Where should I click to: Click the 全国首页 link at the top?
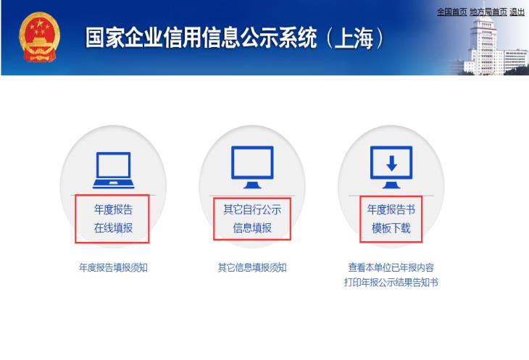[451, 12]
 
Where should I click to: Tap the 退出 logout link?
[517, 12]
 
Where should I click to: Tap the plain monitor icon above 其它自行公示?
[252, 165]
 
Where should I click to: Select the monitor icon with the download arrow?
[391, 165]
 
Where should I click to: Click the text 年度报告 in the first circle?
[113, 210]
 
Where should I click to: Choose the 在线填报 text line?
[113, 228]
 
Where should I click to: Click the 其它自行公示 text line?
[252, 210]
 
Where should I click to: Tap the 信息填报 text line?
[252, 228]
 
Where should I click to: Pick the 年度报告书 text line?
[391, 210]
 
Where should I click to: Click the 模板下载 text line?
[391, 228]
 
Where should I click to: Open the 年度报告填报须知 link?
[113, 267]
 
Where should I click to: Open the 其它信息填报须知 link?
[252, 267]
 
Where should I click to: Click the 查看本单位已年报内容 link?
[391, 267]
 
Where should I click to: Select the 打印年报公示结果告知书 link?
[391, 282]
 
